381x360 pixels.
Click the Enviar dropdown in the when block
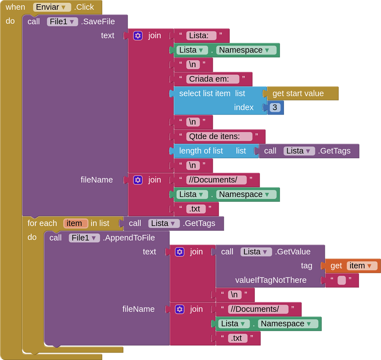52,7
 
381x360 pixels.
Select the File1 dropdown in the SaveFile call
62,22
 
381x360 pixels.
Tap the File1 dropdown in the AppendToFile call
84,238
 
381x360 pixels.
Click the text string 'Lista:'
201,35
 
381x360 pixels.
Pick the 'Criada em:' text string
212,79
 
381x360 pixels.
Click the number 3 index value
275,108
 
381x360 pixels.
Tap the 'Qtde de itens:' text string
219,136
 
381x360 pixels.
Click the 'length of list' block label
201,151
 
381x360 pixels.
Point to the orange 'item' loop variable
76,223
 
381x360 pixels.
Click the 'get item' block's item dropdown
362,266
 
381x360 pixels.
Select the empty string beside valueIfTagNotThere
341,280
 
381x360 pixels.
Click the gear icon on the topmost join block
138,36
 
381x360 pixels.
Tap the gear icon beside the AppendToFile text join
180,252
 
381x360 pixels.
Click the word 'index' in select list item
243,108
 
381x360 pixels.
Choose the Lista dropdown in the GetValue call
256,252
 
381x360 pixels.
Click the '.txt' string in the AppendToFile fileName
237,338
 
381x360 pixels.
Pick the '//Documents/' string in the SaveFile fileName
216,180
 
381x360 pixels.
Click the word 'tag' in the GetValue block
306,266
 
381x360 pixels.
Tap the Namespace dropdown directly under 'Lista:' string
246,50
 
